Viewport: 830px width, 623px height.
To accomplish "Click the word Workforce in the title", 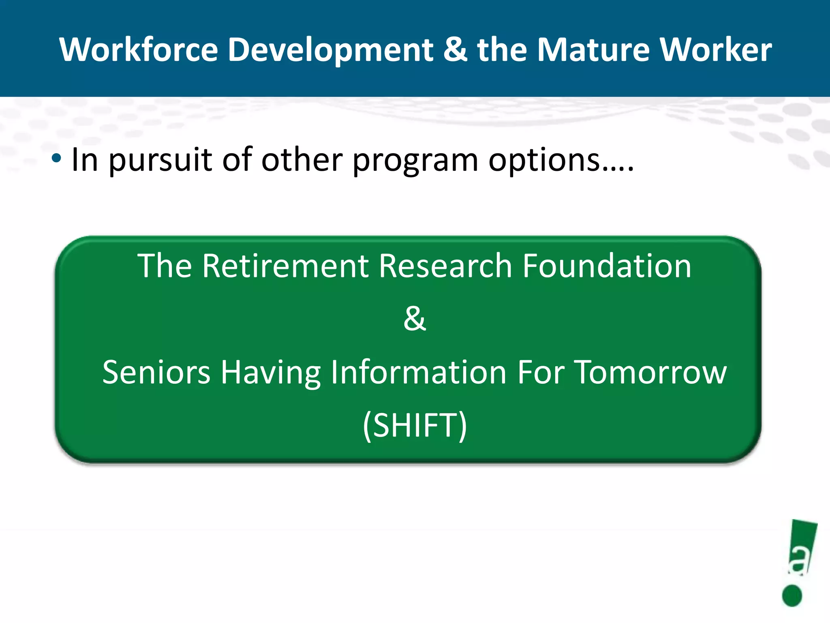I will (139, 49).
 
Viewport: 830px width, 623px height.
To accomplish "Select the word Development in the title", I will (330, 49).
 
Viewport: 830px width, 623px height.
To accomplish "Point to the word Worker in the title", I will (716, 49).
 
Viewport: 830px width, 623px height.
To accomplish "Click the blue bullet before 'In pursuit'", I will (56, 159).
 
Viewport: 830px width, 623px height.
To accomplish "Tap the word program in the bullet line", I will (415, 161).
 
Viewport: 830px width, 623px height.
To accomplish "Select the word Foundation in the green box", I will (606, 266).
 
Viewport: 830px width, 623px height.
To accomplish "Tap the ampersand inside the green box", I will (414, 319).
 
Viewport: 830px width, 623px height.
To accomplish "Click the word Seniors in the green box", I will (156, 372).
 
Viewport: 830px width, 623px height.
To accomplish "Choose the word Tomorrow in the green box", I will (651, 372).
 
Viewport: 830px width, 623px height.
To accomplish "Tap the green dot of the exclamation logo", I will (792, 595).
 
